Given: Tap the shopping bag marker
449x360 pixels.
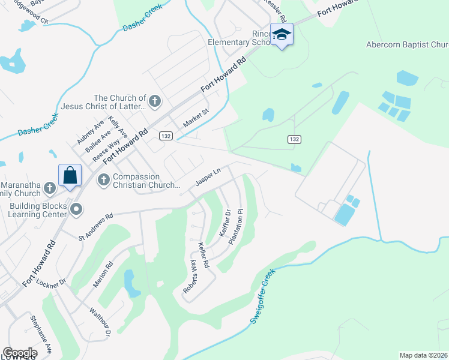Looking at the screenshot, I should click(x=70, y=176).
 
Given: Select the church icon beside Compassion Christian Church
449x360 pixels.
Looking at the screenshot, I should click(x=103, y=179).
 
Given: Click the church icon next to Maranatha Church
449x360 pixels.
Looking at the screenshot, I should click(x=49, y=188).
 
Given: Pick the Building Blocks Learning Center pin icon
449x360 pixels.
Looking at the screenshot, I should click(x=76, y=209).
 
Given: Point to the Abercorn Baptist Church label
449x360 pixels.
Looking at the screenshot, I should click(x=407, y=44).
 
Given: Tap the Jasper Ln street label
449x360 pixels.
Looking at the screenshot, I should click(x=209, y=177).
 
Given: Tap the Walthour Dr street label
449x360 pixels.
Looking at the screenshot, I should click(x=101, y=322).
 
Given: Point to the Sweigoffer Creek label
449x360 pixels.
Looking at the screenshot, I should click(x=262, y=296).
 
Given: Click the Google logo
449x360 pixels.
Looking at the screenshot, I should click(x=20, y=353).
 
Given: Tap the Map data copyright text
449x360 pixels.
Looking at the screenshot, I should click(x=423, y=355).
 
